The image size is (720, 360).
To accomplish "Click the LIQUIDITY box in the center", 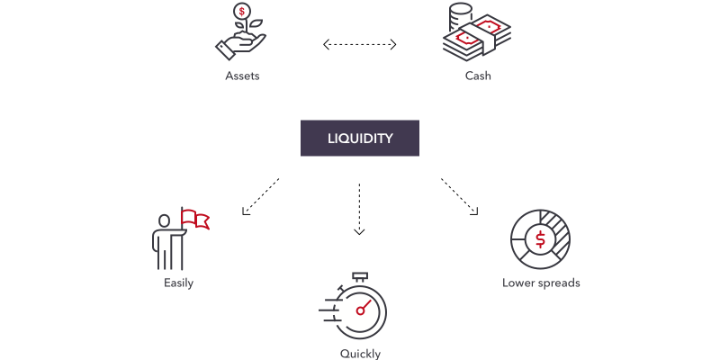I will pyautogui.click(x=360, y=139).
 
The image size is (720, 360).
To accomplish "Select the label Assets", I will pyautogui.click(x=242, y=76).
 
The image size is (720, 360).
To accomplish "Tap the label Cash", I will pyautogui.click(x=478, y=76).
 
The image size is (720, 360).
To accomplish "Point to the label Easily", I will pyautogui.click(x=178, y=283).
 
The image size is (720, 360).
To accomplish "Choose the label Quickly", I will pyautogui.click(x=360, y=354).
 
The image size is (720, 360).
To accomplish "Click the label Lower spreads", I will pyautogui.click(x=541, y=283).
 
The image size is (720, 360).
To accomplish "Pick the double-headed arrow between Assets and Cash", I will pyautogui.click(x=360, y=42).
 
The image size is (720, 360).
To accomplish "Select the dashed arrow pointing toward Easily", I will pyautogui.click(x=260, y=197).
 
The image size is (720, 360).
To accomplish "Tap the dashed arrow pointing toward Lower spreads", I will pyautogui.click(x=459, y=197).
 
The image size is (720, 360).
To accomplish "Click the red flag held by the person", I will pyautogui.click(x=195, y=218).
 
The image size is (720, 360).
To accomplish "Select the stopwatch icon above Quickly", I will pyautogui.click(x=359, y=309).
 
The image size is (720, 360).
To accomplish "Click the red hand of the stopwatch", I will pyautogui.click(x=364, y=308).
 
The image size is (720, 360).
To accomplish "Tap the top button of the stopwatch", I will pyautogui.click(x=361, y=274).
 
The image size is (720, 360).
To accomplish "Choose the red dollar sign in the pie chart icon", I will pyautogui.click(x=540, y=239).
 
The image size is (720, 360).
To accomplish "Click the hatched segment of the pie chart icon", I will pyautogui.click(x=559, y=231).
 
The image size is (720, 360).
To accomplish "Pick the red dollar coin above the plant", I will pyautogui.click(x=240, y=13).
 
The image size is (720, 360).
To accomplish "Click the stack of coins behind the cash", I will pyautogui.click(x=459, y=15).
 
